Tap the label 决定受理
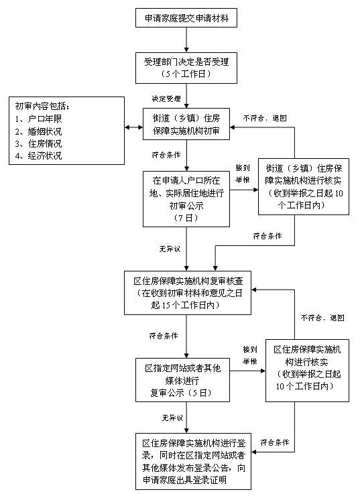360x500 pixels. [x=166, y=99]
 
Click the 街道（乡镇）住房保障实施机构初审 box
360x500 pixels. [x=186, y=123]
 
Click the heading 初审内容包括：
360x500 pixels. [x=42, y=107]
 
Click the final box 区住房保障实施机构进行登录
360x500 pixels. [x=186, y=461]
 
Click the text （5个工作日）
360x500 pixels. [x=186, y=73]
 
